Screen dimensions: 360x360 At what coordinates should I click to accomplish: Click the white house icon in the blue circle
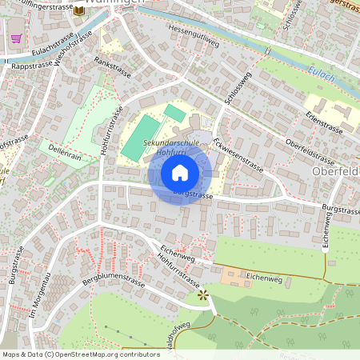click(180, 173)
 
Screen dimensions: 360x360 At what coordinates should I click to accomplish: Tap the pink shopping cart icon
click(15, 38)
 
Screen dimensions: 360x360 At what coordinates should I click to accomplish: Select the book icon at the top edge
click(78, 10)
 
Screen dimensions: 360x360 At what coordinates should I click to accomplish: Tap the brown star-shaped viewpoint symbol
click(203, 294)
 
